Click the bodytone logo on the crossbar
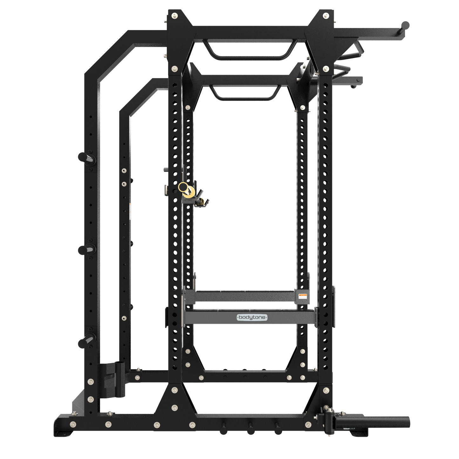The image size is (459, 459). pos(252,317)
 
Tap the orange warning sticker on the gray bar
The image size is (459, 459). pos(303,296)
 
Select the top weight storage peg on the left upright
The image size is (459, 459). pos(86,158)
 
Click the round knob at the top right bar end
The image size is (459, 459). pos(405,25)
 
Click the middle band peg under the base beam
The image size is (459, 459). pos(251,427)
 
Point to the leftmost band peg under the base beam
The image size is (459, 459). pos(223,427)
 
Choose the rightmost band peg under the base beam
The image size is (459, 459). pos(278,427)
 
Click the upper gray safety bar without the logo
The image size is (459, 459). pos(245,296)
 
